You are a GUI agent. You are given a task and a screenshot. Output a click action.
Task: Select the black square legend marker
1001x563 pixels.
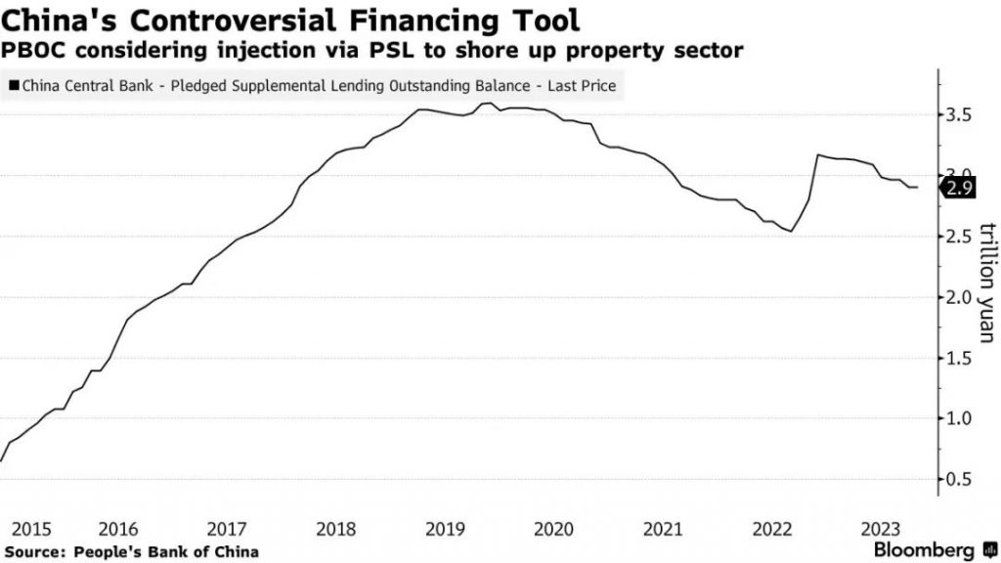[13, 87]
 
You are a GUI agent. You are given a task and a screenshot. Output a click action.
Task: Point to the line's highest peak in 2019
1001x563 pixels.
[486, 103]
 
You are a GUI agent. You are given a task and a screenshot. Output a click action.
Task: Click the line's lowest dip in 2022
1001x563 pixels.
[790, 232]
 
